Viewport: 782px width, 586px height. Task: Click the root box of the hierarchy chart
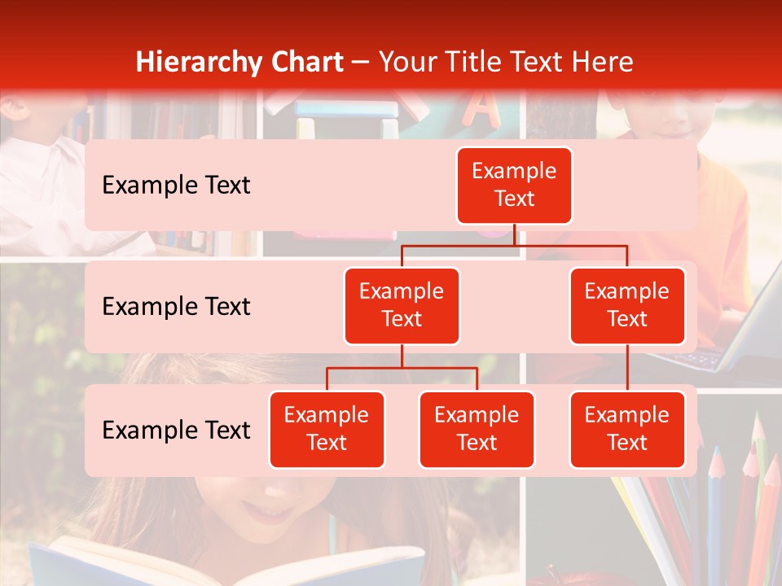pos(514,185)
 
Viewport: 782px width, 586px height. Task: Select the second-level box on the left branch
pos(402,305)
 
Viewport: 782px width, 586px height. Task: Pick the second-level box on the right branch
pos(627,305)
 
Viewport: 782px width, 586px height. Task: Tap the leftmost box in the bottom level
pos(327,429)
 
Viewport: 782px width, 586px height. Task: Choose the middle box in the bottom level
pos(477,429)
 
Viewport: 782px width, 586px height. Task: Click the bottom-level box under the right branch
pos(627,429)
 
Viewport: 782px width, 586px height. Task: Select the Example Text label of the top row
pos(176,186)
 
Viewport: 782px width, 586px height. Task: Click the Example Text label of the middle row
pos(176,307)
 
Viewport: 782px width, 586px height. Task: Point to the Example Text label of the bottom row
pos(176,430)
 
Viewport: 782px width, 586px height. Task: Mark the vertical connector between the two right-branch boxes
pos(627,367)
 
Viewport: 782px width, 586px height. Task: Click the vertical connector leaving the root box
pos(514,234)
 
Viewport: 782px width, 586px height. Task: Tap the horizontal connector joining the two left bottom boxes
pos(402,368)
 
